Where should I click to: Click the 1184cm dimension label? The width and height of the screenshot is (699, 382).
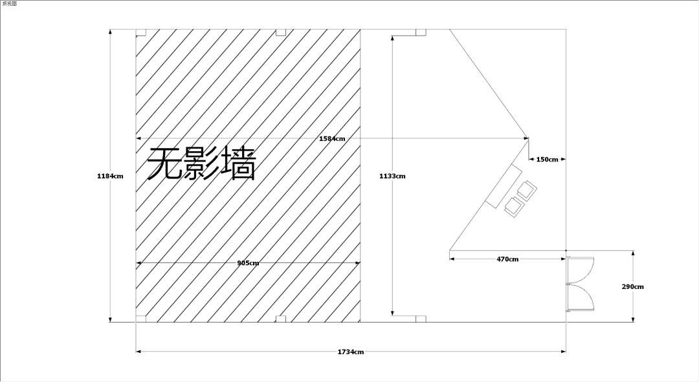pos(110,176)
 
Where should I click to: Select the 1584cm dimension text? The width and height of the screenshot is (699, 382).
pos(332,138)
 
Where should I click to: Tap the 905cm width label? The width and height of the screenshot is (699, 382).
pos(248,262)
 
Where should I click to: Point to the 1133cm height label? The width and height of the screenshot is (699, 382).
pos(392,176)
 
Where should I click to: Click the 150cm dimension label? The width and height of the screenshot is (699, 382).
pos(547,160)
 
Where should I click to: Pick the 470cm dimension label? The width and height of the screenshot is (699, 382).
pos(507,259)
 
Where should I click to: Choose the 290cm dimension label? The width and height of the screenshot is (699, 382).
pos(632,287)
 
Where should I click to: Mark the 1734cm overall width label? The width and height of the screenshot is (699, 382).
pos(350,352)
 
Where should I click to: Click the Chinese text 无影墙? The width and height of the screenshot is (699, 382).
pos(201,164)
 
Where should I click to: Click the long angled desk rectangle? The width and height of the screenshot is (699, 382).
pos(504,186)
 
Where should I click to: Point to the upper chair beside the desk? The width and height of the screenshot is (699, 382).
pos(527,190)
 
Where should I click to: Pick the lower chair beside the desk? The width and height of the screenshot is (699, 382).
pos(514,207)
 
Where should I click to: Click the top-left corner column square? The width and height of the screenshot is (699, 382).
pos(141,32)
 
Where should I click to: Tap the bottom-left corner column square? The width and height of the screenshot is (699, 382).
pos(141,319)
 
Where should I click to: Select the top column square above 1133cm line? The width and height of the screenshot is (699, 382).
pos(421,32)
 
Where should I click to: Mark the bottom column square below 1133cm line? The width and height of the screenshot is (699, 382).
pos(421,319)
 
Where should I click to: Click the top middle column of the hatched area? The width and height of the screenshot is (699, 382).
pos(280,32)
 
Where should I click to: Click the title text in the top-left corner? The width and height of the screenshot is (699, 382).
pos(9,4)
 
